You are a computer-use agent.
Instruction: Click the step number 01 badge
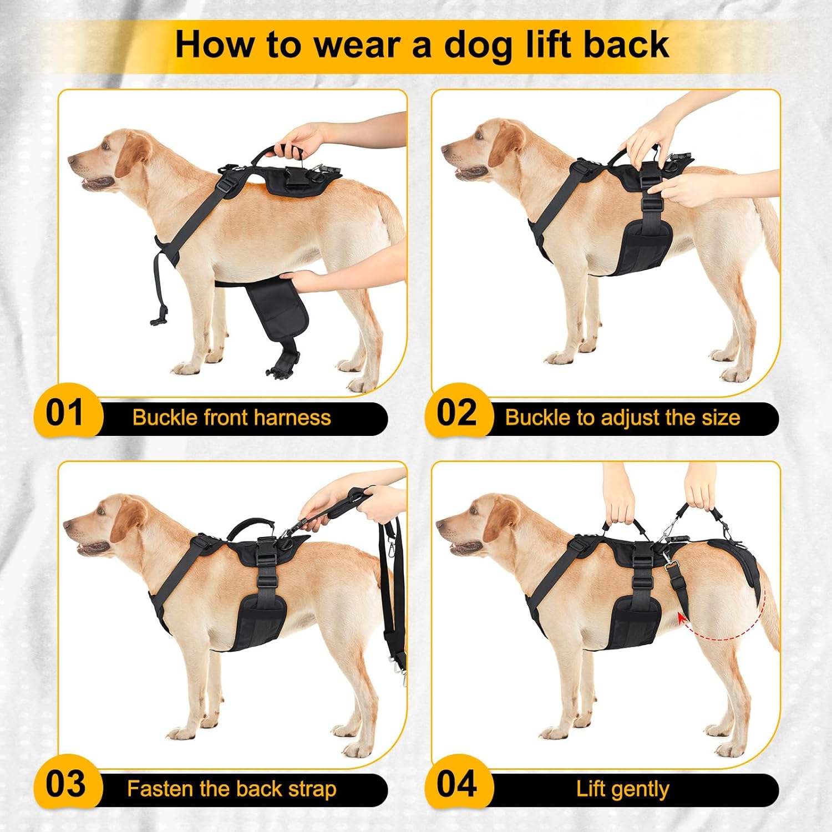click(x=65, y=413)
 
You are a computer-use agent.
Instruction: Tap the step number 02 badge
click(x=456, y=413)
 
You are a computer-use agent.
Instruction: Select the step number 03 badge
click(x=65, y=784)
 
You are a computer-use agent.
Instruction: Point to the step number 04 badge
click(x=456, y=784)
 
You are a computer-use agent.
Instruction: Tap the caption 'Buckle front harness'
click(x=231, y=417)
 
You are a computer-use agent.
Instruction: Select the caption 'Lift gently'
click(x=622, y=788)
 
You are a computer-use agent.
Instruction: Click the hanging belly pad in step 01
click(x=280, y=316)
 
